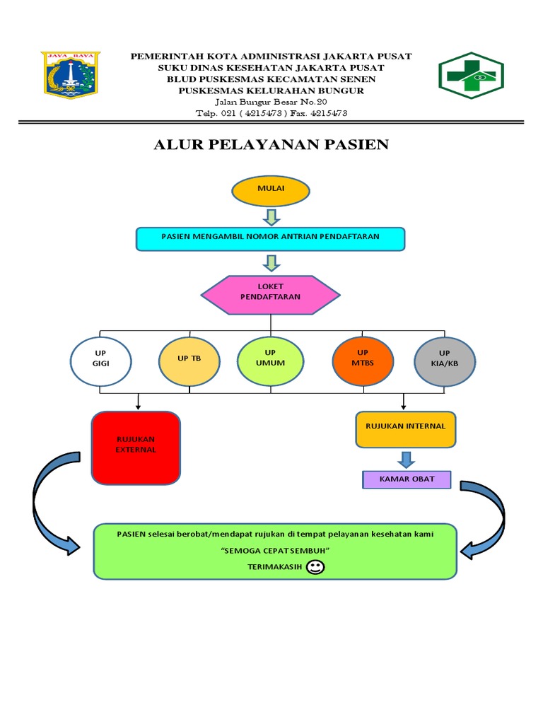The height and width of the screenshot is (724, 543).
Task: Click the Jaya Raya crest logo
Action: coord(71,74)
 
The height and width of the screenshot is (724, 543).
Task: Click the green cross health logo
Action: coord(471,75)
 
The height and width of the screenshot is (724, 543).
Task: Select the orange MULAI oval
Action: coord(271,190)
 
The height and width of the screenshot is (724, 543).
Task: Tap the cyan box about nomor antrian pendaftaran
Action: coord(270,239)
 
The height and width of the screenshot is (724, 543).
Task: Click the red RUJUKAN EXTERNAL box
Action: coord(136,448)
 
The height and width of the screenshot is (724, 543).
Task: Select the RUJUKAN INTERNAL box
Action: coord(405,431)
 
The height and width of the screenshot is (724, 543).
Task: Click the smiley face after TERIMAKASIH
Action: coord(316,567)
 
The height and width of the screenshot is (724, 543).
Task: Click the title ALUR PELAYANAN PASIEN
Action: coord(271,145)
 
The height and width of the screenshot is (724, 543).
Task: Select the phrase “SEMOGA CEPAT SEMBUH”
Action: coord(275,551)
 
